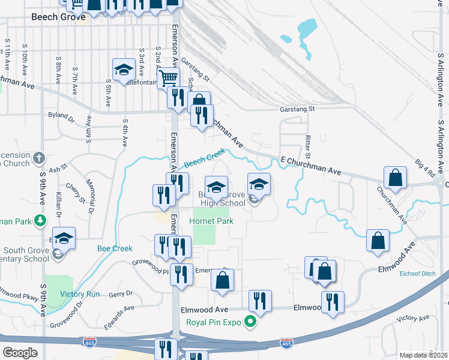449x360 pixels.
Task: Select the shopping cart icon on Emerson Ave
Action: pyautogui.click(x=169, y=77)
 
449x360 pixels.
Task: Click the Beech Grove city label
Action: pyautogui.click(x=58, y=17)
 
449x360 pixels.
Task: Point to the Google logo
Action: pyautogui.click(x=20, y=353)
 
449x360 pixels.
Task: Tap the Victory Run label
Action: pyautogui.click(x=80, y=294)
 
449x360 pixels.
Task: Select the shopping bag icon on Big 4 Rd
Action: pyautogui.click(x=396, y=177)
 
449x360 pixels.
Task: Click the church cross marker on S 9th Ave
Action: pyautogui.click(x=40, y=159)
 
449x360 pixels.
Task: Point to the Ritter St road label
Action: pyautogui.click(x=307, y=143)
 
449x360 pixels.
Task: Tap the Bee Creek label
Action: pyautogui.click(x=115, y=248)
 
